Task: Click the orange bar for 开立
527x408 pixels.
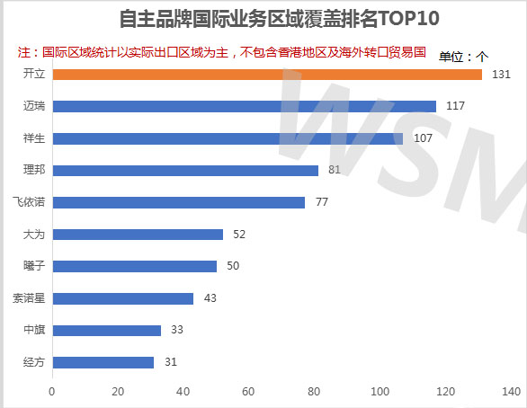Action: pyautogui.click(x=267, y=74)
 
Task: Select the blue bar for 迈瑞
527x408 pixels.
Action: pyautogui.click(x=244, y=106)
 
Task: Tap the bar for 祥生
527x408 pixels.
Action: pyautogui.click(x=228, y=138)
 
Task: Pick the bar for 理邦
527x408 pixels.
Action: pyautogui.click(x=185, y=170)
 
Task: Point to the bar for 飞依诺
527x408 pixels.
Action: pyautogui.click(x=179, y=202)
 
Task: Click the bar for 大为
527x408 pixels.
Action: pyautogui.click(x=138, y=235)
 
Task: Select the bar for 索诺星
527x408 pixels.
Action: pyautogui.click(x=123, y=298)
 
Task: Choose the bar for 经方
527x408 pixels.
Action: pyautogui.click(x=103, y=362)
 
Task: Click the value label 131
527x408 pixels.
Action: pyautogui.click(x=501, y=74)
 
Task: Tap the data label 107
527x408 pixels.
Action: pyautogui.click(x=424, y=138)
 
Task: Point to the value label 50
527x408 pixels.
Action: pyautogui.click(x=232, y=266)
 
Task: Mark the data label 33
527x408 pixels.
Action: pyautogui.click(x=176, y=330)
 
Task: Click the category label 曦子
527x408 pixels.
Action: pyautogui.click(x=33, y=266)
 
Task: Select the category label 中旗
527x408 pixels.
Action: pyautogui.click(x=33, y=330)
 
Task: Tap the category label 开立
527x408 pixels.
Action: pyautogui.click(x=33, y=74)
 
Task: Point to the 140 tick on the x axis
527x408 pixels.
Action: pyautogui.click(x=511, y=392)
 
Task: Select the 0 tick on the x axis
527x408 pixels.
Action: pyautogui.click(x=52, y=392)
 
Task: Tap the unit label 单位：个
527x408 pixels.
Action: pyautogui.click(x=463, y=57)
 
